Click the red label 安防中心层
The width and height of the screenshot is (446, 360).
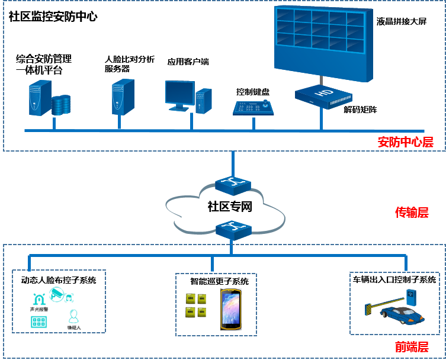tap(405, 142)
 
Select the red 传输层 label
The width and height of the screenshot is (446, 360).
tap(412, 213)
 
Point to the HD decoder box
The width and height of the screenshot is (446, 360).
tap(323, 97)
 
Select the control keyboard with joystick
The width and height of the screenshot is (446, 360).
tap(253, 108)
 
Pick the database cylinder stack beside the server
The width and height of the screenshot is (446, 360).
tap(61, 105)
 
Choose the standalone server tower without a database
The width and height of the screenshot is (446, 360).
tap(123, 97)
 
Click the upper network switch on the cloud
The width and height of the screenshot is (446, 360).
tap(232, 185)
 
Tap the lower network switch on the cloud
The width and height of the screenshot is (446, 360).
tap(232, 229)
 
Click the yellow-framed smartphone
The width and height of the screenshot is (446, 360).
tap(231, 308)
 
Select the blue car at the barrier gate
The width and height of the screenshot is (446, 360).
tap(402, 314)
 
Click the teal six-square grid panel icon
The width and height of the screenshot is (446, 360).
tap(39, 322)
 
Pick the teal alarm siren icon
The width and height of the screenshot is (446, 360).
tap(39, 298)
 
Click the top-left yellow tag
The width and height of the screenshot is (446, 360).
tap(191, 298)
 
